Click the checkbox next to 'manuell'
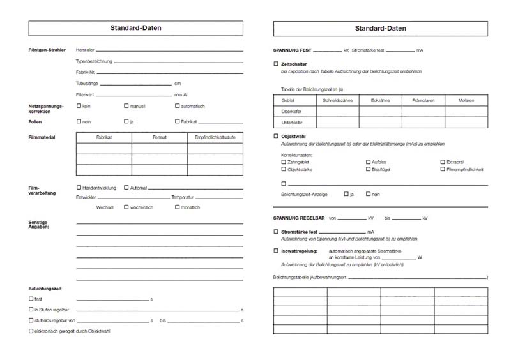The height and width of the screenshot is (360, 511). point(126,106)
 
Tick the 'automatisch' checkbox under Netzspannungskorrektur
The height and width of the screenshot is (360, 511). point(177,106)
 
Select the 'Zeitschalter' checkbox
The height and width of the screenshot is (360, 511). point(276,64)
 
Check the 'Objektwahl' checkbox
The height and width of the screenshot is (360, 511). point(276,136)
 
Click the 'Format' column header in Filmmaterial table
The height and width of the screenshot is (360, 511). point(160,137)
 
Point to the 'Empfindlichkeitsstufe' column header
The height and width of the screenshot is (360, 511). point(215,137)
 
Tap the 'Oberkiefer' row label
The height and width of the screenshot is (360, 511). point(292,111)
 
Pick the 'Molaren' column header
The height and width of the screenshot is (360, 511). point(466,100)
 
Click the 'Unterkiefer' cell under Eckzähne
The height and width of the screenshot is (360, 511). point(380,122)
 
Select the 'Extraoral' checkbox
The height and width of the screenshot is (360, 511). point(442,162)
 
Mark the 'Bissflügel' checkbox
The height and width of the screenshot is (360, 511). point(368,170)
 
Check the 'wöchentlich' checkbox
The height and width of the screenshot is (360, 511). point(126,207)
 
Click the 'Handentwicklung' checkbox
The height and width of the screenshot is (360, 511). point(79,188)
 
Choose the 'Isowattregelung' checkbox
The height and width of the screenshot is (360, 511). point(276,251)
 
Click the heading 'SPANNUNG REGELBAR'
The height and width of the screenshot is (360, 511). point(300,218)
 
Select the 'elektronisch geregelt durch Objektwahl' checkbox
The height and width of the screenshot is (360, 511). point(31,331)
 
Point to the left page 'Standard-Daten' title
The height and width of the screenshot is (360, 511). point(135,29)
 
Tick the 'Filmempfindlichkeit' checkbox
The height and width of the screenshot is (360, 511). point(442,170)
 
